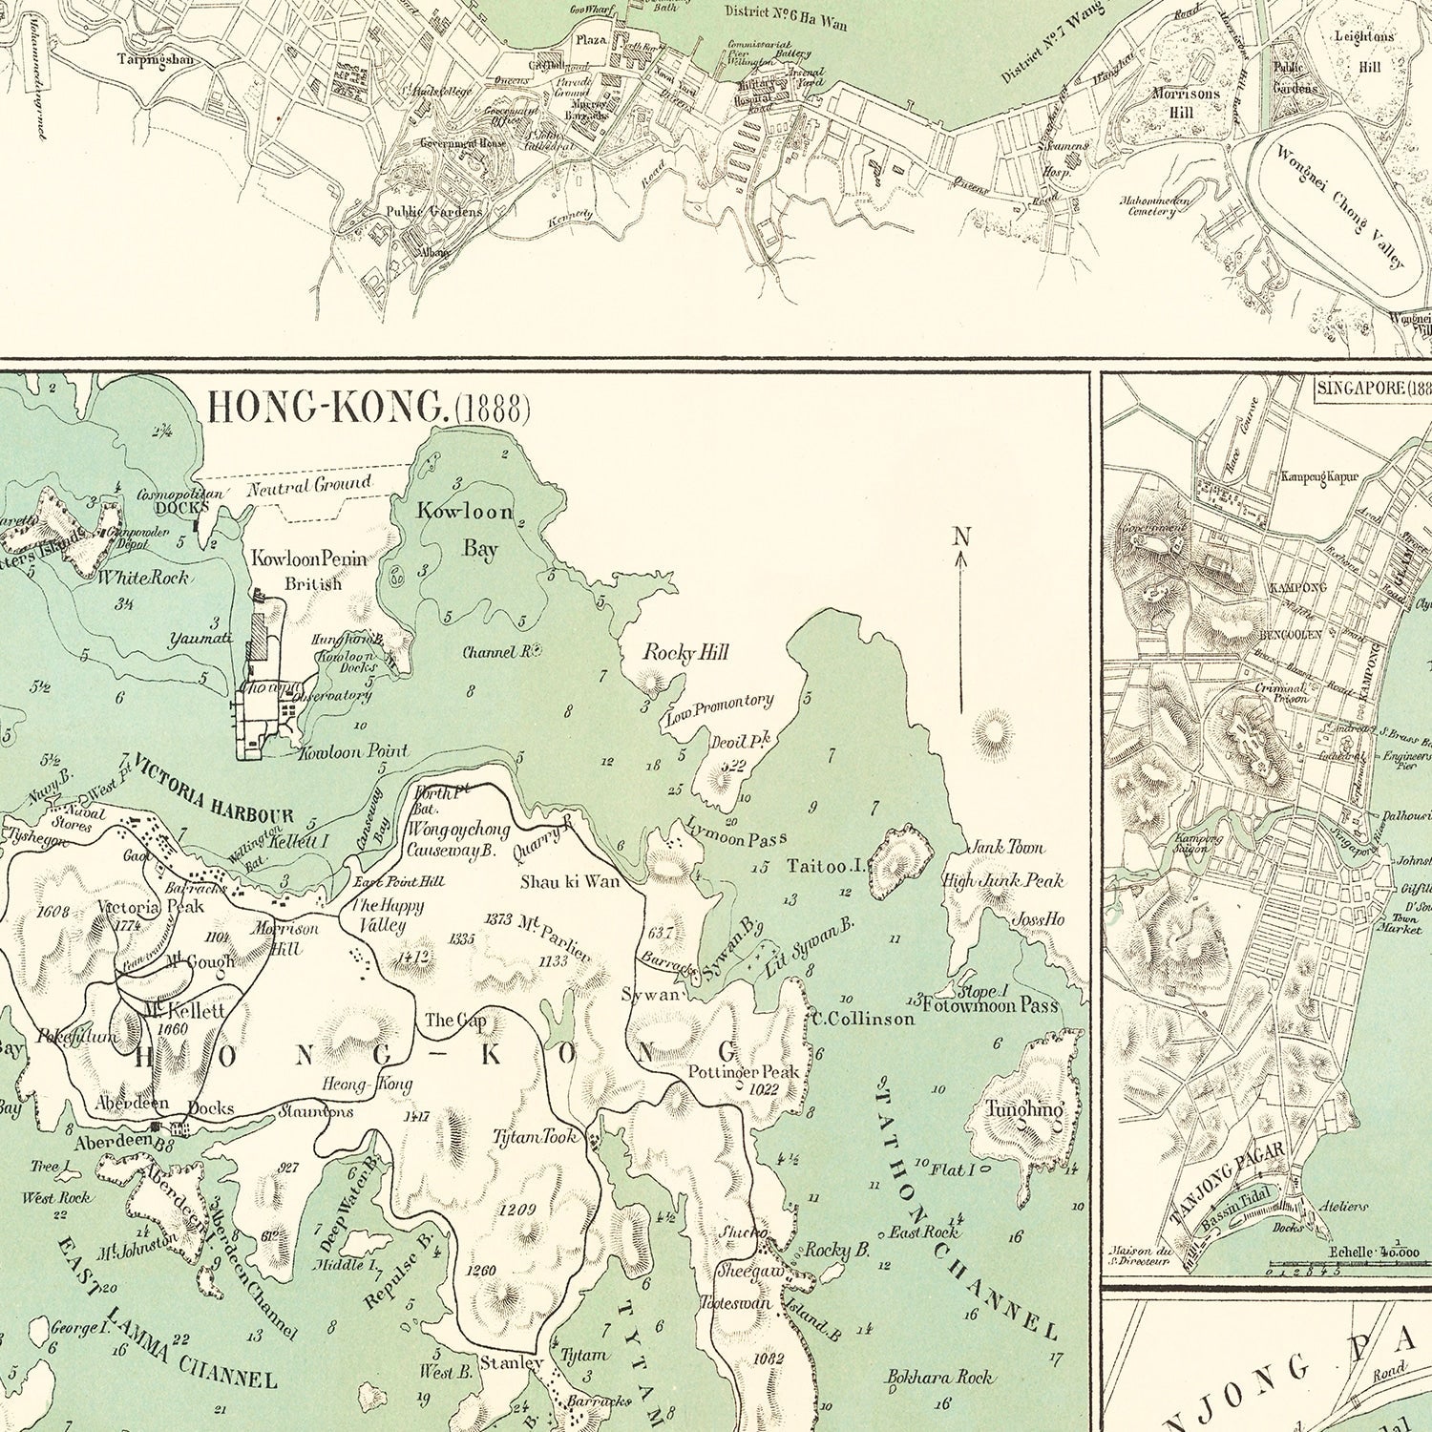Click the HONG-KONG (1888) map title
pos(369,408)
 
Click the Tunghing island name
pos(1024,1110)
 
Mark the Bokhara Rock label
pos(940,1378)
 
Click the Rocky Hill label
pos(685,653)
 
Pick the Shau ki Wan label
pos(570,881)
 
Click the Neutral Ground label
pos(309,486)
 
